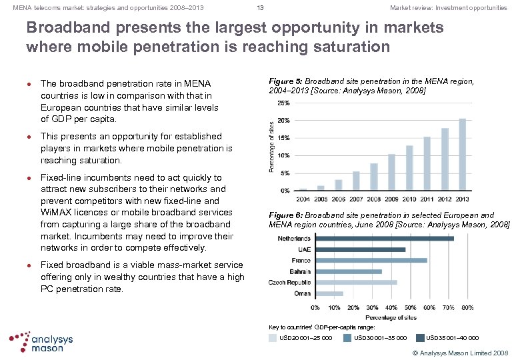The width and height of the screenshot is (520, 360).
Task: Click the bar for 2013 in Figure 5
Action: tap(463, 154)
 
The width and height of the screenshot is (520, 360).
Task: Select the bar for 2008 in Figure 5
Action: tap(374, 177)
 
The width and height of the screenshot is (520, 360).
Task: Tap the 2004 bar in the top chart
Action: tap(303, 189)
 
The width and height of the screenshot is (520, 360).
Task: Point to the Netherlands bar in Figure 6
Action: tap(384, 238)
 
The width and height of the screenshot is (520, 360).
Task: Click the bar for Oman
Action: tap(329, 293)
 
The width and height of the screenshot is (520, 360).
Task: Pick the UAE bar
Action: tap(360, 249)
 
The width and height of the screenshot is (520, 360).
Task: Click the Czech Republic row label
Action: tap(289, 282)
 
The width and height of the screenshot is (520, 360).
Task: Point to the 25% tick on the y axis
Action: tap(283, 103)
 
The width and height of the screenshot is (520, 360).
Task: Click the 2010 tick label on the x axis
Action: tap(409, 199)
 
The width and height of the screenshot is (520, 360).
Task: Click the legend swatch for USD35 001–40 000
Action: tap(419, 338)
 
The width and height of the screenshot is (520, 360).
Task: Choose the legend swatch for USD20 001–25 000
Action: tap(273, 338)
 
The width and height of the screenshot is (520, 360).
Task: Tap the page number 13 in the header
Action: tap(260, 8)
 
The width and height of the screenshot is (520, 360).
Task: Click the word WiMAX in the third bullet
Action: tap(53, 213)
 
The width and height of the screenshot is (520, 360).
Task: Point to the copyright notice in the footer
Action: tap(461, 351)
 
